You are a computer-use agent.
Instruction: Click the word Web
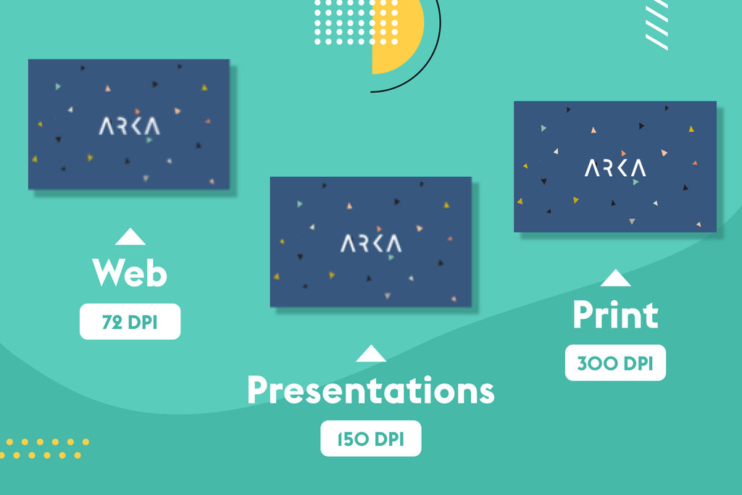click(x=130, y=273)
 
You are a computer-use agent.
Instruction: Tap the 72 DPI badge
click(x=130, y=322)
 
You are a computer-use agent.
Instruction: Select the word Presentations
click(x=370, y=391)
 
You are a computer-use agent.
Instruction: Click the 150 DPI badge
click(x=370, y=438)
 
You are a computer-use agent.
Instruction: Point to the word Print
click(x=615, y=315)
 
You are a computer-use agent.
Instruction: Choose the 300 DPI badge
click(x=615, y=363)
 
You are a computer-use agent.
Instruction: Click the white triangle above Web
click(x=130, y=236)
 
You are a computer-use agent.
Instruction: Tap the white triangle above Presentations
click(x=371, y=354)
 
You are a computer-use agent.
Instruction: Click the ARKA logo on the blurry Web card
click(x=129, y=126)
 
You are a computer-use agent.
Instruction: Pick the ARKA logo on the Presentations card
click(x=371, y=244)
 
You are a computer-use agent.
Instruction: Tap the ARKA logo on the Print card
click(x=615, y=168)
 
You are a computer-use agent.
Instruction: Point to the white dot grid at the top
click(x=357, y=22)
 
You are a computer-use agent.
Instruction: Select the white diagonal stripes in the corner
click(x=657, y=25)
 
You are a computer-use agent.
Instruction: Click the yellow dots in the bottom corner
click(x=44, y=449)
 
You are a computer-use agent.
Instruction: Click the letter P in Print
click(x=583, y=315)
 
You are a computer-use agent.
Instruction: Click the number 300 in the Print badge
click(x=597, y=363)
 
